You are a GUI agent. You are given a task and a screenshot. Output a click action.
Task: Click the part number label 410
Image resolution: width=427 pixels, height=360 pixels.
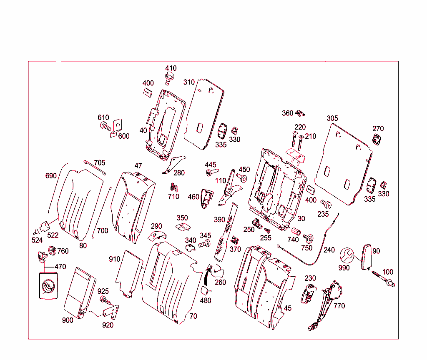[x=171, y=68]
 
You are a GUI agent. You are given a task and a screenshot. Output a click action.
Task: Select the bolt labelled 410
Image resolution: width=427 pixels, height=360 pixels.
[x=169, y=77]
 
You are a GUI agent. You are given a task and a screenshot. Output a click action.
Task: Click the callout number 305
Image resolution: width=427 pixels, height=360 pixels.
[x=332, y=118]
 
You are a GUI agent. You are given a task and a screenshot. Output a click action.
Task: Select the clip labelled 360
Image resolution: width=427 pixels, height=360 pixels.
[x=301, y=113]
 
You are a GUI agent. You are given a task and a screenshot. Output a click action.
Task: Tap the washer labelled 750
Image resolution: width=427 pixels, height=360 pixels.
[x=309, y=238]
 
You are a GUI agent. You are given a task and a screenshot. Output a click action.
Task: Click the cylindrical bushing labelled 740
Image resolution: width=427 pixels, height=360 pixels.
[x=296, y=232]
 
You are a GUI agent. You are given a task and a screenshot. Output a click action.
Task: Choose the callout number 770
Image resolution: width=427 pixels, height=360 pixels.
[x=339, y=306]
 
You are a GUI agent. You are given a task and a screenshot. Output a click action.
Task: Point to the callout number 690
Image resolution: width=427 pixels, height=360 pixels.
[x=51, y=176]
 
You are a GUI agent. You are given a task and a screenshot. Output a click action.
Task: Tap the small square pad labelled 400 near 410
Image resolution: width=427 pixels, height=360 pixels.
[x=148, y=92]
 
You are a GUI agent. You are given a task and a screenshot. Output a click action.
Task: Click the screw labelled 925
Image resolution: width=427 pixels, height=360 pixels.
[x=104, y=300]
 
